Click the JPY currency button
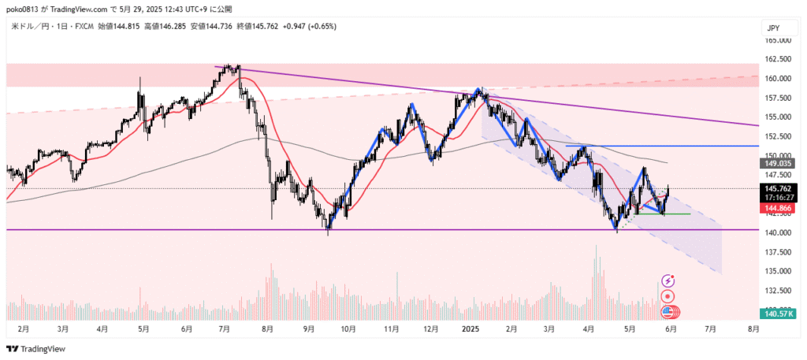click(x=774, y=28)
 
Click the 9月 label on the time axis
click(x=308, y=327)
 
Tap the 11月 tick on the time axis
click(x=389, y=327)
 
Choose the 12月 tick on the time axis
click(x=430, y=327)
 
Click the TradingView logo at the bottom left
click(x=36, y=348)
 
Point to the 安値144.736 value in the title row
click(x=211, y=26)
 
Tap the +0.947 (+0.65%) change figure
click(x=310, y=26)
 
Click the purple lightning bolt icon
click(x=668, y=280)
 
